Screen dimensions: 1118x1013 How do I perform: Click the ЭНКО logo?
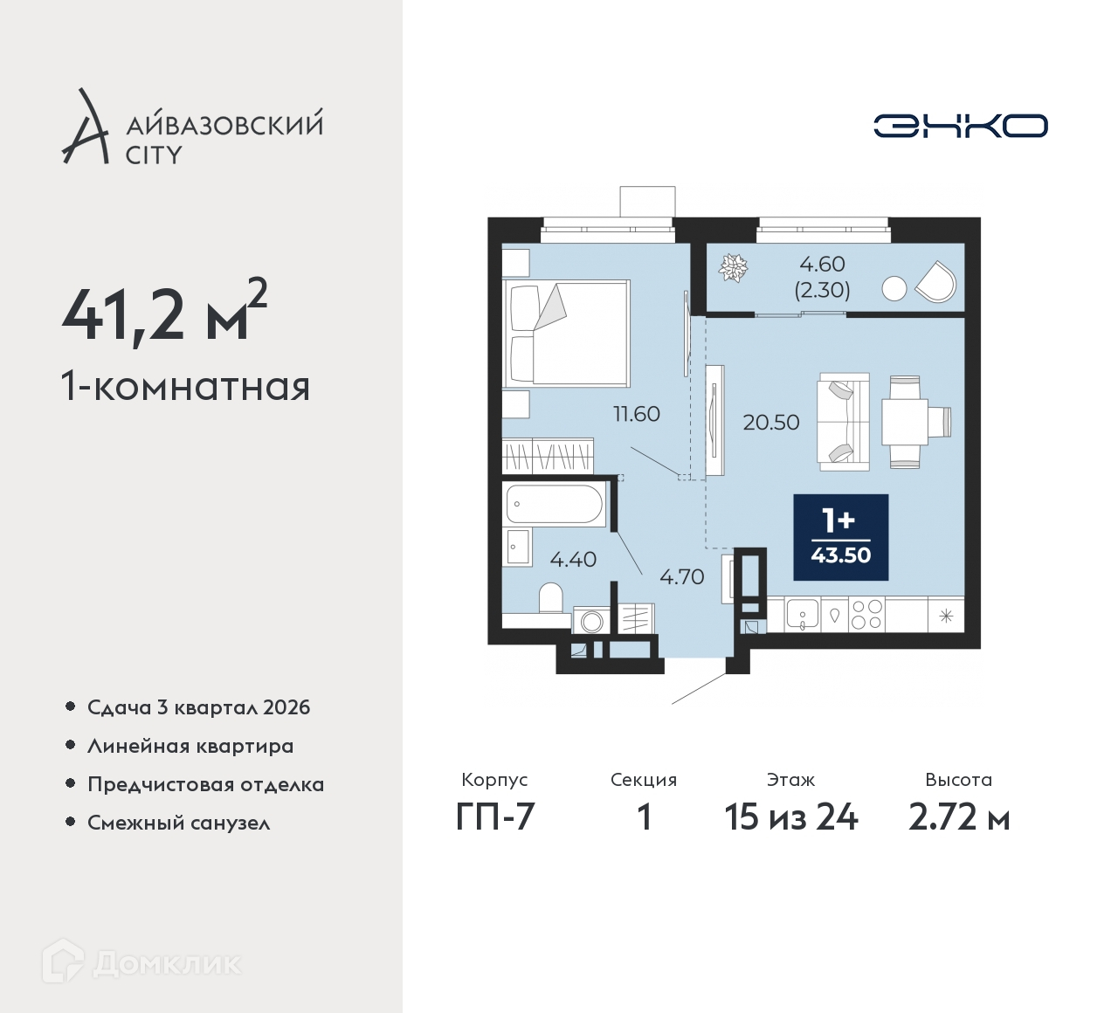(960, 126)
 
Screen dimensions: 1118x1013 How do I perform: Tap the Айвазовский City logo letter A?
(85, 126)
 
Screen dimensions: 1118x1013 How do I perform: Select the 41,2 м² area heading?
(165, 312)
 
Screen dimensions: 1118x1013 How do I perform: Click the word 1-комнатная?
(185, 387)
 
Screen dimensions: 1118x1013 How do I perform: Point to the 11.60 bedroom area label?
(637, 414)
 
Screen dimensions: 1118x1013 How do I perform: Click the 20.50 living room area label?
(770, 423)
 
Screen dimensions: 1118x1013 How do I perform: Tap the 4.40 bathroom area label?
(573, 559)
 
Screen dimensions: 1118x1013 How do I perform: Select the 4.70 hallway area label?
(681, 576)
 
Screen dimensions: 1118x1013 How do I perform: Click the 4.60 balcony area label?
(822, 264)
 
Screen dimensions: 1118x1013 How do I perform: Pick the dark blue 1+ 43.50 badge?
(840, 538)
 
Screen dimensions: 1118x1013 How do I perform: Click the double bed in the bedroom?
(566, 334)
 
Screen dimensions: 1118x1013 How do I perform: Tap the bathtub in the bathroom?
(554, 504)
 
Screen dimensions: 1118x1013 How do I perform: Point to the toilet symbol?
(551, 598)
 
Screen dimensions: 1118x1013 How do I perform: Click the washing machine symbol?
(590, 620)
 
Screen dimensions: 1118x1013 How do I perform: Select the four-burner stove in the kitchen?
(867, 615)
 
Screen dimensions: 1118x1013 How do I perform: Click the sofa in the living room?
(843, 422)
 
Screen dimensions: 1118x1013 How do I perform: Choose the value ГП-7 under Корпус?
(495, 817)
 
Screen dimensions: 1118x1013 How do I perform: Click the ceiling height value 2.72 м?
(959, 817)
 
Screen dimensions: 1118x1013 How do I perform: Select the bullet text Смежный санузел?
(178, 823)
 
